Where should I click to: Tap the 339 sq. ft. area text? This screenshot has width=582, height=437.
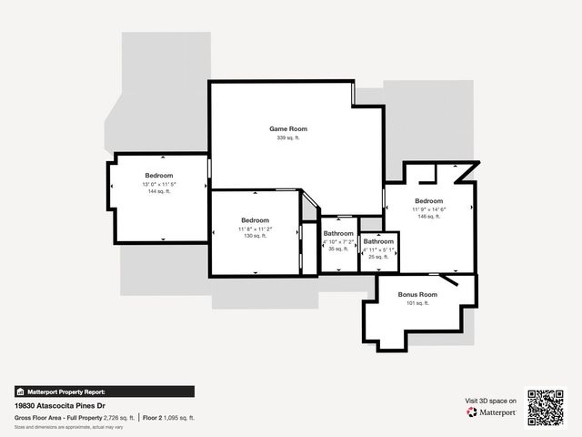point(287,137)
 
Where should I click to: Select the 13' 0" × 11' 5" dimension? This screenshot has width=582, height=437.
point(158,184)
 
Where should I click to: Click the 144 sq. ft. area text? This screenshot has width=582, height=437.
point(158,191)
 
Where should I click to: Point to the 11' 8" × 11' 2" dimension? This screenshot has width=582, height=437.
point(256,229)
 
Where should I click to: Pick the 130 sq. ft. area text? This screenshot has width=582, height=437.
point(256,236)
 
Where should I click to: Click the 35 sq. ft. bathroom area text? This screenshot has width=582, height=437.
point(338,249)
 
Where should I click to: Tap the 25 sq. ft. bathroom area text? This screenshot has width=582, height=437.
point(377,257)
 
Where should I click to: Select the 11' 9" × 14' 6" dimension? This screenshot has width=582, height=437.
point(428,209)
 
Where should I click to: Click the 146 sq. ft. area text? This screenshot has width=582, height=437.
point(428,217)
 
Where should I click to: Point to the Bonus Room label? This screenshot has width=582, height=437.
point(417,295)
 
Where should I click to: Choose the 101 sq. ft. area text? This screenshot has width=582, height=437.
point(417,303)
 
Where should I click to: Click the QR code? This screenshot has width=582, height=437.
point(547,407)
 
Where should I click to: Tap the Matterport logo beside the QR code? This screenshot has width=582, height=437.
point(492,412)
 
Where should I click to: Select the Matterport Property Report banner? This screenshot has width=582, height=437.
point(104,391)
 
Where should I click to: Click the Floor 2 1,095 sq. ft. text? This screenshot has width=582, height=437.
point(169,418)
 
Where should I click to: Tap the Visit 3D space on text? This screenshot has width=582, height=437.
point(491,401)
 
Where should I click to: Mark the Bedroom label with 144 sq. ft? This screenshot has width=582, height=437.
point(158,175)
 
